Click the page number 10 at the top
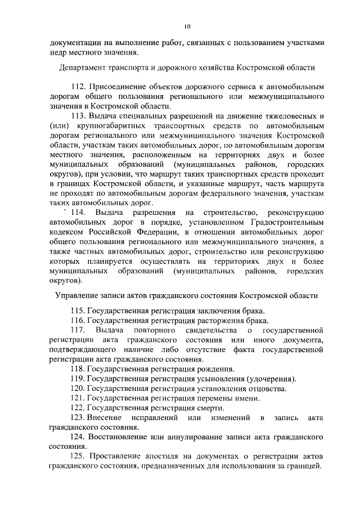[187, 26]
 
